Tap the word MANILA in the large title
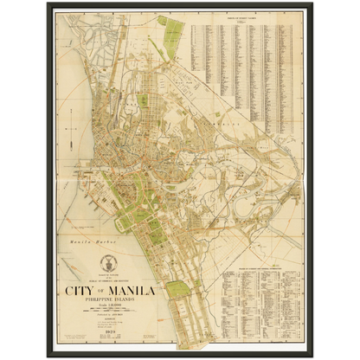point(132,291)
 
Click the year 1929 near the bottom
point(110,334)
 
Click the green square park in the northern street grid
point(143,101)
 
